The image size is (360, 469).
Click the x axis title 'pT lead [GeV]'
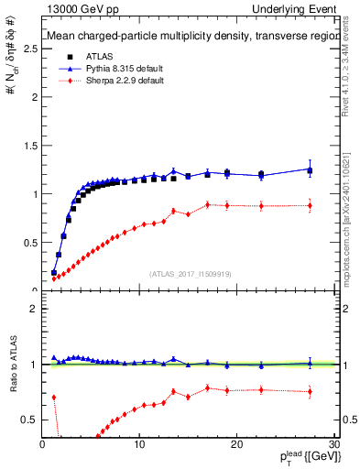point(308,458)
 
